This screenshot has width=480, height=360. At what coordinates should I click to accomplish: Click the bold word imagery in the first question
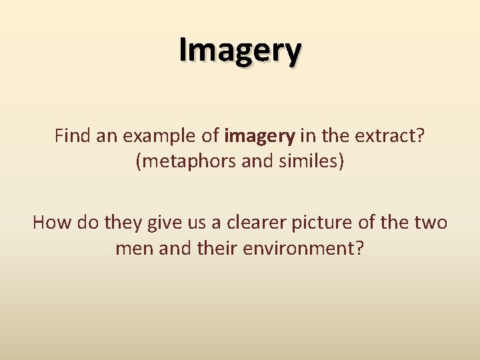pyautogui.click(x=260, y=137)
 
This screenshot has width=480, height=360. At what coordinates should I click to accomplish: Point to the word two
pyautogui.click(x=431, y=221)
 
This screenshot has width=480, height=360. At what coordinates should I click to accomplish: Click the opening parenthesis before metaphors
pyautogui.click(x=139, y=162)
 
